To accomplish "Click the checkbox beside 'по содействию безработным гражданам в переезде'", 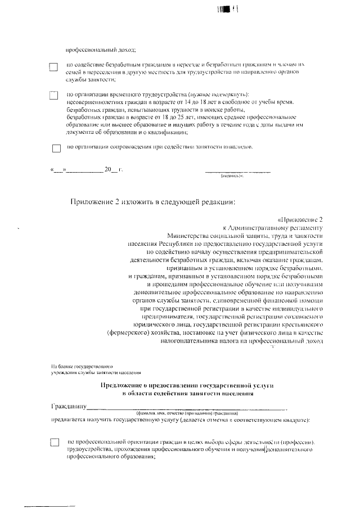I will point(53,67).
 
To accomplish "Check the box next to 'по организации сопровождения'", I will point(56,148).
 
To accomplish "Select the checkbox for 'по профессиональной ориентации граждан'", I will point(55,442).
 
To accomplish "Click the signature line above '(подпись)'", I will point(237,170).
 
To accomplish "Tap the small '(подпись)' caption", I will point(232,176).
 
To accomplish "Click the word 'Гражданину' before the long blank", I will point(68,406).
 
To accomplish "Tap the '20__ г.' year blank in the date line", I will point(113,169).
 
